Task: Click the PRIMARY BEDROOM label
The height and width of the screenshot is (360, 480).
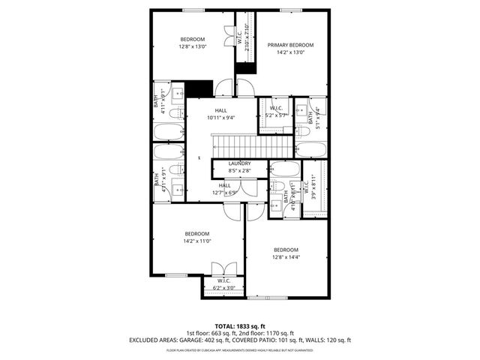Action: click(290, 45)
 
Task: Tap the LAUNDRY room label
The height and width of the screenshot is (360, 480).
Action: click(239, 163)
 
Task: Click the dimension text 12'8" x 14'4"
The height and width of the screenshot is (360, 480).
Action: click(285, 258)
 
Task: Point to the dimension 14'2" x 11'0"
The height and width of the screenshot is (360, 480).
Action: click(196, 241)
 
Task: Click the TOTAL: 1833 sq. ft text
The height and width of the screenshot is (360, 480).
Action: click(239, 326)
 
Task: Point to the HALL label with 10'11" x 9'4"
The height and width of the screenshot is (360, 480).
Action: click(220, 110)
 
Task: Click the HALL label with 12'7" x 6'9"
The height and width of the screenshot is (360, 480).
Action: click(225, 185)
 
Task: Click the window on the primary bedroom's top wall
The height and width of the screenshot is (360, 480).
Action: click(292, 10)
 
